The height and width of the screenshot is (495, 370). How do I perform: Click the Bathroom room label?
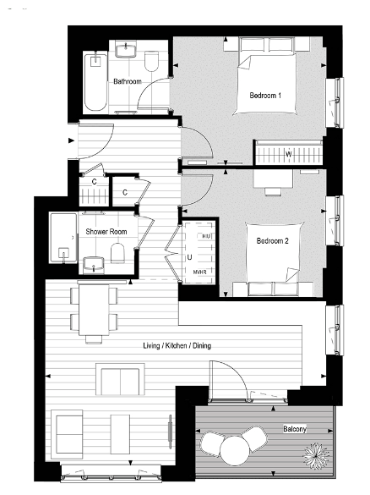click(x=127, y=81)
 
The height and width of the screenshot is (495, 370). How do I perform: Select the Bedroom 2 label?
click(x=274, y=241)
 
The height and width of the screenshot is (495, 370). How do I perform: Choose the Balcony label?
click(x=296, y=430)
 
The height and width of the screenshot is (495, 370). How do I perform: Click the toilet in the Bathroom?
click(x=153, y=62)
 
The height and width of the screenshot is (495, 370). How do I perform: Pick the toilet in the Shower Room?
click(x=119, y=253)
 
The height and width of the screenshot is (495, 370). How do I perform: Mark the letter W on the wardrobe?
click(x=289, y=154)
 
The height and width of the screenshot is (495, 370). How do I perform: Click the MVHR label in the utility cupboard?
click(x=201, y=272)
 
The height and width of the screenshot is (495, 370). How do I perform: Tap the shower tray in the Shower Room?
click(x=64, y=239)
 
